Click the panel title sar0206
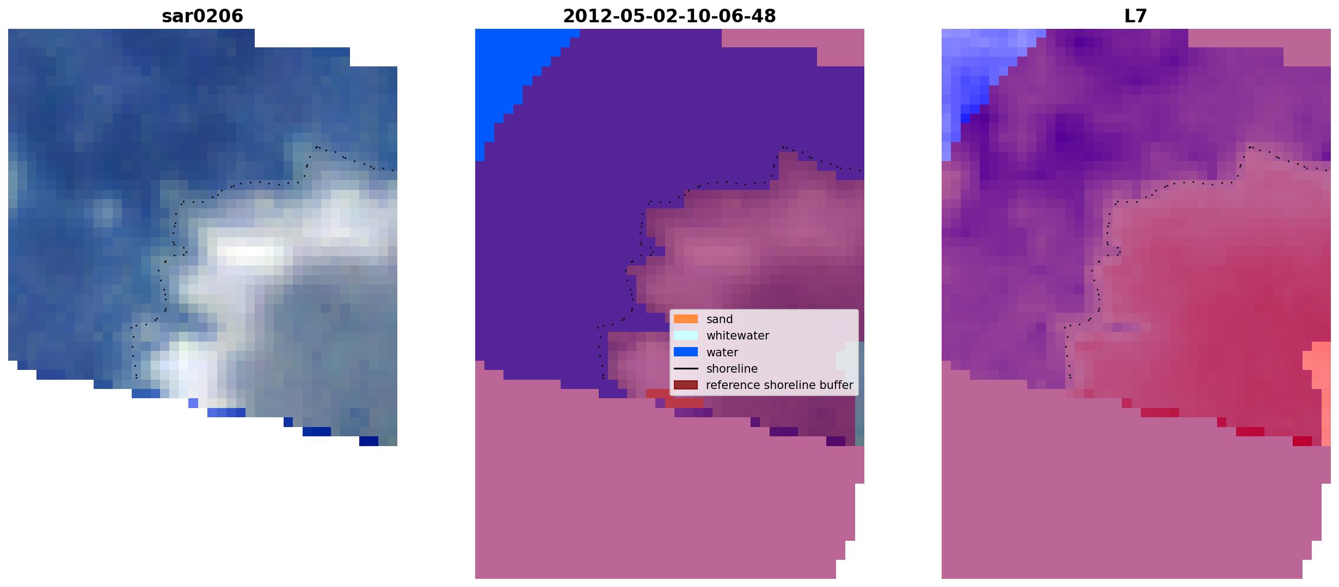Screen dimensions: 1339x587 202,16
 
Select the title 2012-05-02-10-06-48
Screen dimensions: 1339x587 669,16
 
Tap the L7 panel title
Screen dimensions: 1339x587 1135,16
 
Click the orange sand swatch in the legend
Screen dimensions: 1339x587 686,319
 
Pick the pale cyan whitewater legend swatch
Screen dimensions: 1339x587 686,336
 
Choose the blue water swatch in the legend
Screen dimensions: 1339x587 686,352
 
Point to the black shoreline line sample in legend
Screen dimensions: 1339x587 686,368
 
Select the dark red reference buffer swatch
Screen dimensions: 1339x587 686,385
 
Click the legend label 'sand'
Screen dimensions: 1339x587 720,319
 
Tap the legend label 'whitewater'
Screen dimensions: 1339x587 738,336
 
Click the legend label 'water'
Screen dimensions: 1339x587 722,353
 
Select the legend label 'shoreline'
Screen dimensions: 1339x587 732,369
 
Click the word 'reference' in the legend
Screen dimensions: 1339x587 731,385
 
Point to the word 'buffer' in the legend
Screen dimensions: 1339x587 836,385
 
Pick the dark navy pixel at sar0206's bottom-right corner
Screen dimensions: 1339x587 368,441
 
